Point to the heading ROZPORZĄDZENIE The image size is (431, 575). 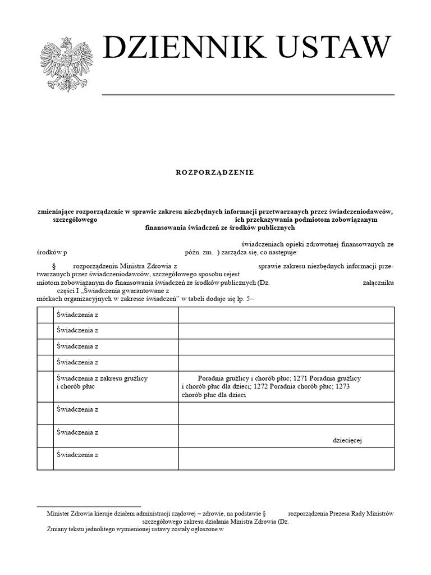(x=215, y=172)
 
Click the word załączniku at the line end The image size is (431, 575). (x=378, y=283)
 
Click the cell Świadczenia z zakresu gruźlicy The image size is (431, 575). (x=102, y=378)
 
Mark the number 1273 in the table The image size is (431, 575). (x=341, y=386)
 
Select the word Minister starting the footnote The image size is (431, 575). (x=58, y=513)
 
